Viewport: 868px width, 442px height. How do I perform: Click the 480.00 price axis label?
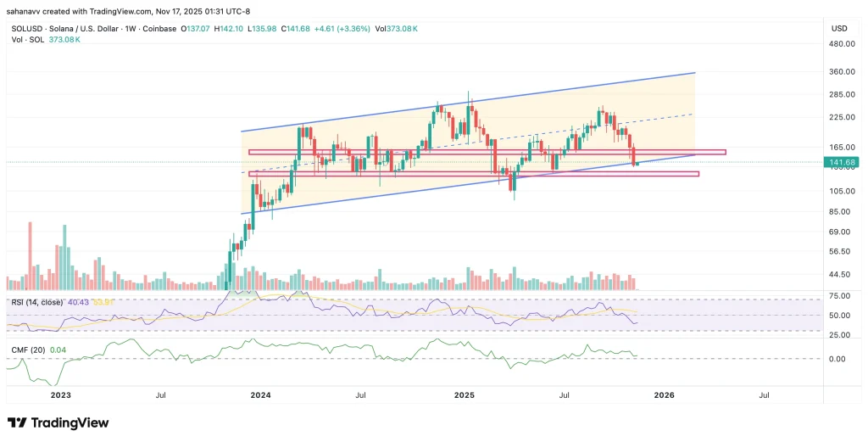841,45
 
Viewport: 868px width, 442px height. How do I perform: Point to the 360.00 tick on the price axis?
841,72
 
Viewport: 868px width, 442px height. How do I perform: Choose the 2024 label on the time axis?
260,395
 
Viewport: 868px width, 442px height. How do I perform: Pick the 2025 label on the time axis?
464,395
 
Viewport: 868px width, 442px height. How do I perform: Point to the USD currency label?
840,28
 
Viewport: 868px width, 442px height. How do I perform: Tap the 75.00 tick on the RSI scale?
839,296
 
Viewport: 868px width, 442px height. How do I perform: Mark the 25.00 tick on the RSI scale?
839,335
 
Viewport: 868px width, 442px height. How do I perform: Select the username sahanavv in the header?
27,11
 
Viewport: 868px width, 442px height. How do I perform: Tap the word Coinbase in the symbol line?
159,29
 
